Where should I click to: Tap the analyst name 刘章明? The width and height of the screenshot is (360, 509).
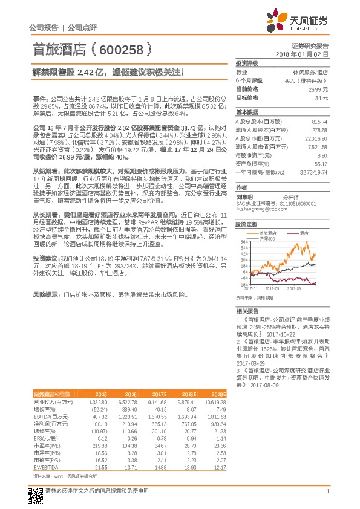click(245, 197)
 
